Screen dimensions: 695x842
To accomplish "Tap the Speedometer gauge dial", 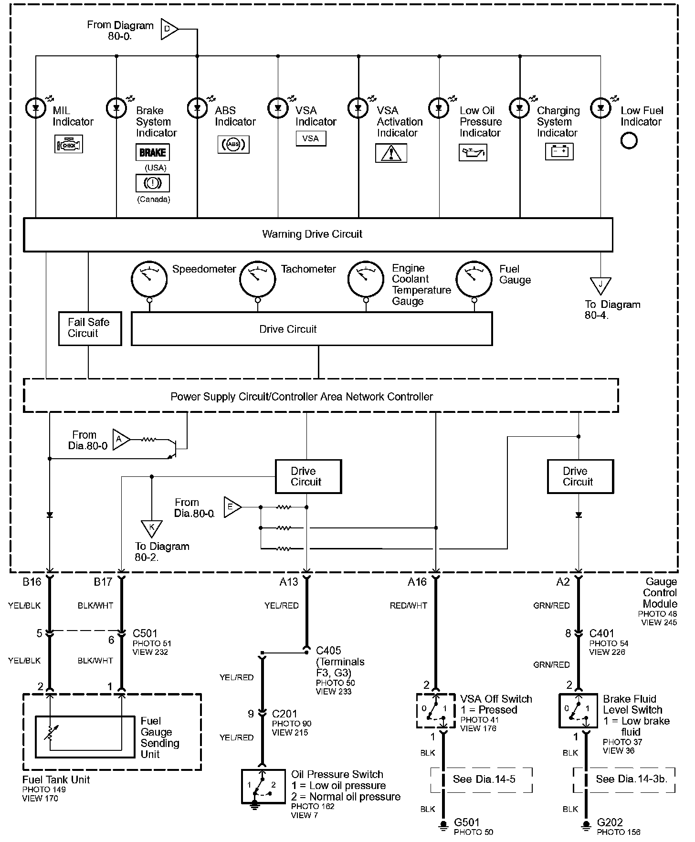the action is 149,279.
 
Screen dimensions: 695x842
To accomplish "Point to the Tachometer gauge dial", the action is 257,279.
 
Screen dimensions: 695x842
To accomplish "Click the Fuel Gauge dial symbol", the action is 474,279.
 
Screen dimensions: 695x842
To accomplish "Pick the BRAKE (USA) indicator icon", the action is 152,152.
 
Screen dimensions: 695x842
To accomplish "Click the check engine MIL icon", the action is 69,144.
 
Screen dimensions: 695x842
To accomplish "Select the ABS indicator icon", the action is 233,145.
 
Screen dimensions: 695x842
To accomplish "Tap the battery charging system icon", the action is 559,152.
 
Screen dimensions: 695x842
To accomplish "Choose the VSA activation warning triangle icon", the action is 391,153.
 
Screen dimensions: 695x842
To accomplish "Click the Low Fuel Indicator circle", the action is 629,141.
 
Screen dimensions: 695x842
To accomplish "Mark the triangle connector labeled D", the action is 169,29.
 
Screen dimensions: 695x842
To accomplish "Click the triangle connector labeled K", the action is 152,528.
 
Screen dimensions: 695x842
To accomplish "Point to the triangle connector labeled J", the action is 600,285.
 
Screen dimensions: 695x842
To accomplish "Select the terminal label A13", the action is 289,581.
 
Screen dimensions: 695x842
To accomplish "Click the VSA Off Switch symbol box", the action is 435,710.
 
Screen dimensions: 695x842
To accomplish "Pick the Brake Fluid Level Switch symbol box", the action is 578,710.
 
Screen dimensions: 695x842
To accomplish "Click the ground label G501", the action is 467,822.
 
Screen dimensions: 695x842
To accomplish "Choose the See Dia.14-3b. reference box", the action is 624,779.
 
